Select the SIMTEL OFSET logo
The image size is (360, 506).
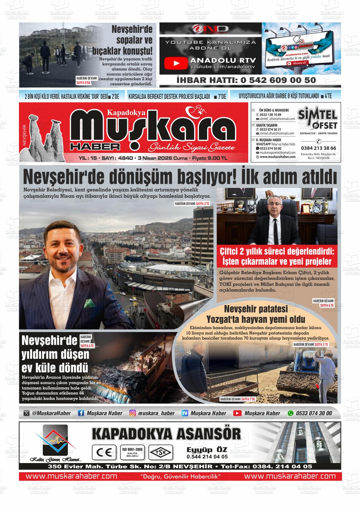pyautogui.click(x=317, y=118)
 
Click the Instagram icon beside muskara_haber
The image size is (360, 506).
pyautogui.click(x=133, y=413)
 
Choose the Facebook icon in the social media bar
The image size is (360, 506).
pyautogui.click(x=81, y=413)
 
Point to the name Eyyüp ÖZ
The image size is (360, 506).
pyautogui.click(x=207, y=450)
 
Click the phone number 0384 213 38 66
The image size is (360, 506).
pyautogui.click(x=318, y=148)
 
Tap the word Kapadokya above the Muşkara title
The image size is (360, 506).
pyautogui.click(x=126, y=112)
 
